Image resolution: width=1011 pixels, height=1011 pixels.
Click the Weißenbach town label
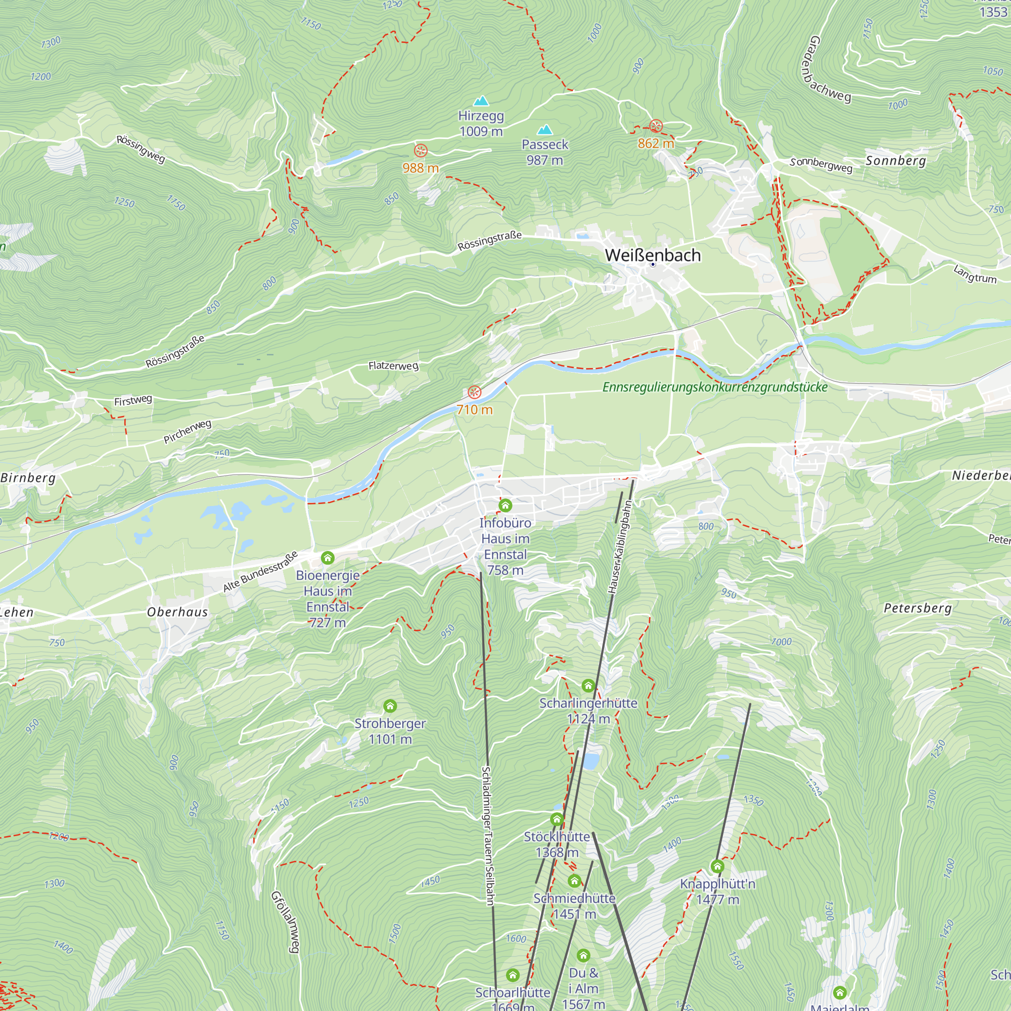tap(653, 255)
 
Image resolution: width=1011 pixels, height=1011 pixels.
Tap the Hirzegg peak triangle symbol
tap(481, 101)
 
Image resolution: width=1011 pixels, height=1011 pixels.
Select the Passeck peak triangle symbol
tap(545, 129)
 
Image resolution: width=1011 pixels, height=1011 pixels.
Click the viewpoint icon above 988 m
tap(421, 151)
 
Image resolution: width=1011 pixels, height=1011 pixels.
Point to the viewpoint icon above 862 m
tap(656, 125)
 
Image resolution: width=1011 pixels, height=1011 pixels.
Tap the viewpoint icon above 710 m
tap(474, 392)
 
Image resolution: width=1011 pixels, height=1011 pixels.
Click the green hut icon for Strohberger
tap(390, 706)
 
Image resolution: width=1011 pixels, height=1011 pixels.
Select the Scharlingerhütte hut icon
tap(588, 685)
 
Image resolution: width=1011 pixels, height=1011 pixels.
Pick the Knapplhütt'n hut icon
tap(717, 866)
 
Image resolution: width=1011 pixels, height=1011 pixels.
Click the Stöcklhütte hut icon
tap(557, 819)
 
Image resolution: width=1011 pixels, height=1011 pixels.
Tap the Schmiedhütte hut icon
tap(575, 881)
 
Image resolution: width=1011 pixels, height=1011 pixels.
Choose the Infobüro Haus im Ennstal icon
tap(505, 505)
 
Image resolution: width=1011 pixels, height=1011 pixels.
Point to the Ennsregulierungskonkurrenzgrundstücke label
tap(715, 387)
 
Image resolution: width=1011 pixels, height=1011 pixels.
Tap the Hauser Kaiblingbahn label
tap(620, 547)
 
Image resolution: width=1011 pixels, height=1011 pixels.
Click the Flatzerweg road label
tap(393, 365)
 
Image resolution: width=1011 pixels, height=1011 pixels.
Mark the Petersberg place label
tap(917, 608)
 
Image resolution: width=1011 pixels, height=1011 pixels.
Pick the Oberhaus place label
tap(177, 612)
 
